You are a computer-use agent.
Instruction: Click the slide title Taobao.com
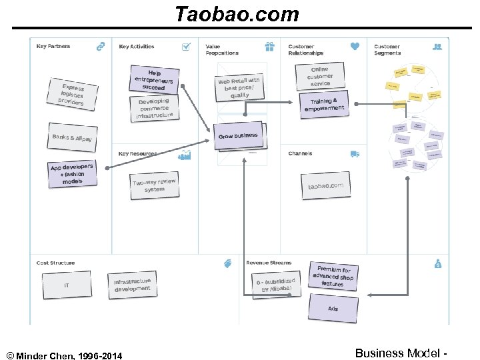[237, 14]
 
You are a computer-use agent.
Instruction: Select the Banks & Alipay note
[73, 138]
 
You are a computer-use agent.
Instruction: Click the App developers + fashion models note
[71, 173]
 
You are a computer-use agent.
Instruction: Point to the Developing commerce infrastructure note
[154, 109]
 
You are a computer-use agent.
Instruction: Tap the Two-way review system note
[154, 185]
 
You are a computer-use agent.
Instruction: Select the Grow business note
[238, 136]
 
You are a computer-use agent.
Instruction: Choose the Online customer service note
[320, 77]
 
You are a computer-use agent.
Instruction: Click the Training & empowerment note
[324, 105]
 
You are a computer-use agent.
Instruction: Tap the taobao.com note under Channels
[325, 186]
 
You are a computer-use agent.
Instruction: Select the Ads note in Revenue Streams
[333, 308]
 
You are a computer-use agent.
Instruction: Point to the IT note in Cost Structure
[67, 285]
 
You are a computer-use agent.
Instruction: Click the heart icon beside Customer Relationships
[355, 47]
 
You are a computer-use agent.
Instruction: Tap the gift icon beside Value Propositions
[269, 47]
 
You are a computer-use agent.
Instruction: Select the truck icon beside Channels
[355, 154]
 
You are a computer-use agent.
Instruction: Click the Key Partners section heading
[53, 47]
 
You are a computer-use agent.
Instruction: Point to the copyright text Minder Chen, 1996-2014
[65, 354]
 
